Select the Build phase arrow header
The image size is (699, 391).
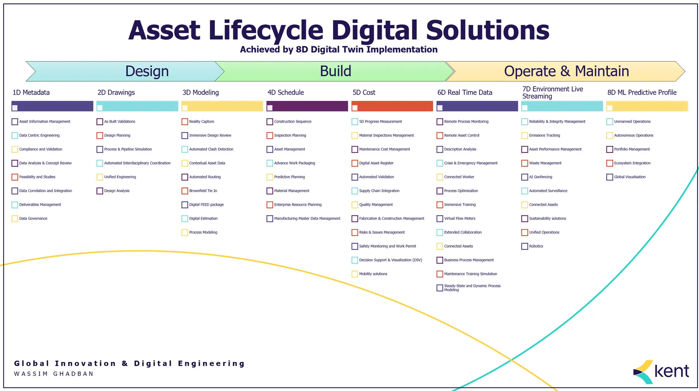336,71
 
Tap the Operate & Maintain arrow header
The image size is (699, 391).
566,71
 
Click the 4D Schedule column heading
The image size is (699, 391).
285,92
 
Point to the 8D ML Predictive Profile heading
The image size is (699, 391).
642,92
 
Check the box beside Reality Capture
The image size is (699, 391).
185,122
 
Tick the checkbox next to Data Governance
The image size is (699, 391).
15,219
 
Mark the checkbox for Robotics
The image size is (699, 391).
525,247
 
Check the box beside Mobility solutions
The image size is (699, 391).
355,274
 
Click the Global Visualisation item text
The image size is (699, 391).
629,177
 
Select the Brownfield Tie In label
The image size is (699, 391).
203,191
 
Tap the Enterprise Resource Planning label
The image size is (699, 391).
298,205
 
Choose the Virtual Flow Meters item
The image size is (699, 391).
459,219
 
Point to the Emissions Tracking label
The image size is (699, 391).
544,136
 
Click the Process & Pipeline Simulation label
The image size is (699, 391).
128,149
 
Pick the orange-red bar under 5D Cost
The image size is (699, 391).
392,106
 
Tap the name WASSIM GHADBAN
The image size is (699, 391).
54,374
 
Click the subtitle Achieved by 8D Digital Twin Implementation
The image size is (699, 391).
339,50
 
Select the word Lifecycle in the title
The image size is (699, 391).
266,30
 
